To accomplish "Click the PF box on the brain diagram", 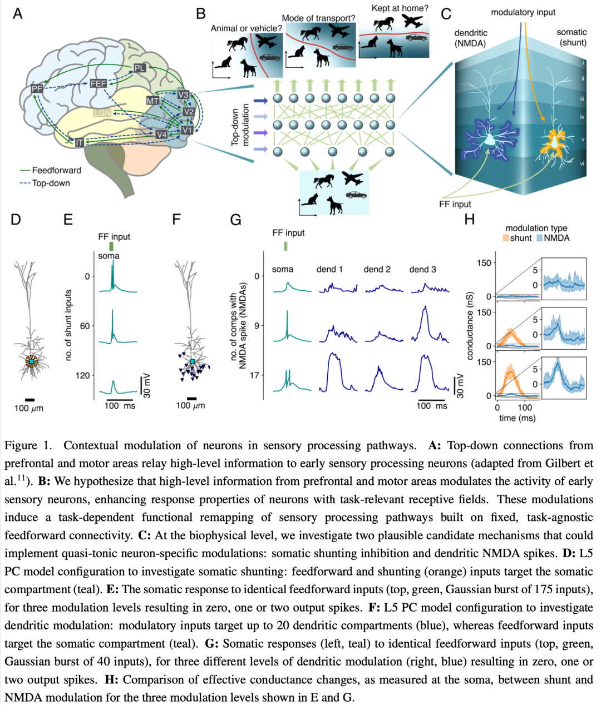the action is point(37,89).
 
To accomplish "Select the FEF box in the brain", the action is point(98,83).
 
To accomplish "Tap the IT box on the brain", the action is point(79,142).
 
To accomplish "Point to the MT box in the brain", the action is point(152,101).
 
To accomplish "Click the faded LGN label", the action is point(102,112).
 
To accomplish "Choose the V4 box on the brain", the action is point(161,135).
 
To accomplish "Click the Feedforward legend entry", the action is point(51,170).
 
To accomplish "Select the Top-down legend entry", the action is point(45,183).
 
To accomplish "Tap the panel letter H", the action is point(470,220).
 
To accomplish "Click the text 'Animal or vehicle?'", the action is point(246,28).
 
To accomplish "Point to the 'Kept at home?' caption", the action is point(400,8).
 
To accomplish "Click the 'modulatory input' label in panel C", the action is point(523,13).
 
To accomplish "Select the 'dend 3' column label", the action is point(423,270).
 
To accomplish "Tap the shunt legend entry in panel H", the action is point(518,238).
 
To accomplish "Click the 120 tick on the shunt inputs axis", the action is point(82,375).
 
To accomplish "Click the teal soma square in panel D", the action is point(32,361).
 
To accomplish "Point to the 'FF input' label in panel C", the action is point(455,204).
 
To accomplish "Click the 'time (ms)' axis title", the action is point(518,418).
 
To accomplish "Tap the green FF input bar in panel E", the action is point(111,246).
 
